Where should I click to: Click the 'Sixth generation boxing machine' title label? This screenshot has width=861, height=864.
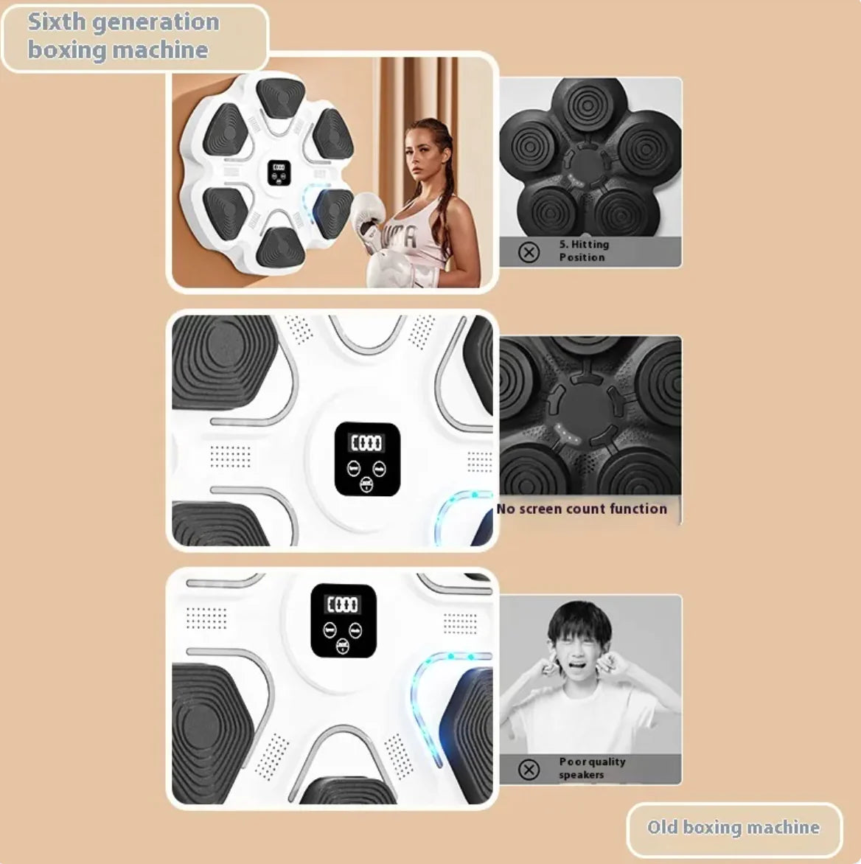coord(124,36)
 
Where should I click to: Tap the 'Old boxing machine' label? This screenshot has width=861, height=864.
coord(733,827)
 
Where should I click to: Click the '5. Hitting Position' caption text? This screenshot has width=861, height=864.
coord(583,251)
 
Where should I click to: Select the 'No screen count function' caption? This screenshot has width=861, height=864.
coord(582,509)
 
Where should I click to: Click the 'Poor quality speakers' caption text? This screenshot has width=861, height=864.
coord(591,768)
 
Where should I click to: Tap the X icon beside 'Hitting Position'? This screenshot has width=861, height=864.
coord(529,253)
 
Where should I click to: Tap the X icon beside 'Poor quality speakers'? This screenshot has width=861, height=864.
coord(529,770)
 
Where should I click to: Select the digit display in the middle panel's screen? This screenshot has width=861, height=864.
coord(366,442)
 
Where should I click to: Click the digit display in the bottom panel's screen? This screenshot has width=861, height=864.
coord(343,605)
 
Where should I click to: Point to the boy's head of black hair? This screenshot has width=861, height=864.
coord(579,623)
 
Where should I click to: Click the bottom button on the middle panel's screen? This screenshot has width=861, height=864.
coord(367,484)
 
